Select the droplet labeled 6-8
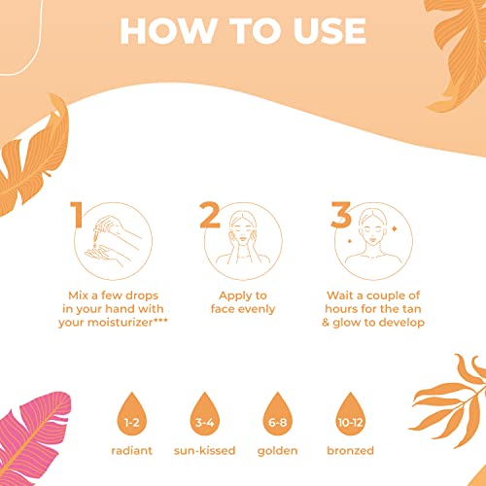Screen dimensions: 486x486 [277, 415]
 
